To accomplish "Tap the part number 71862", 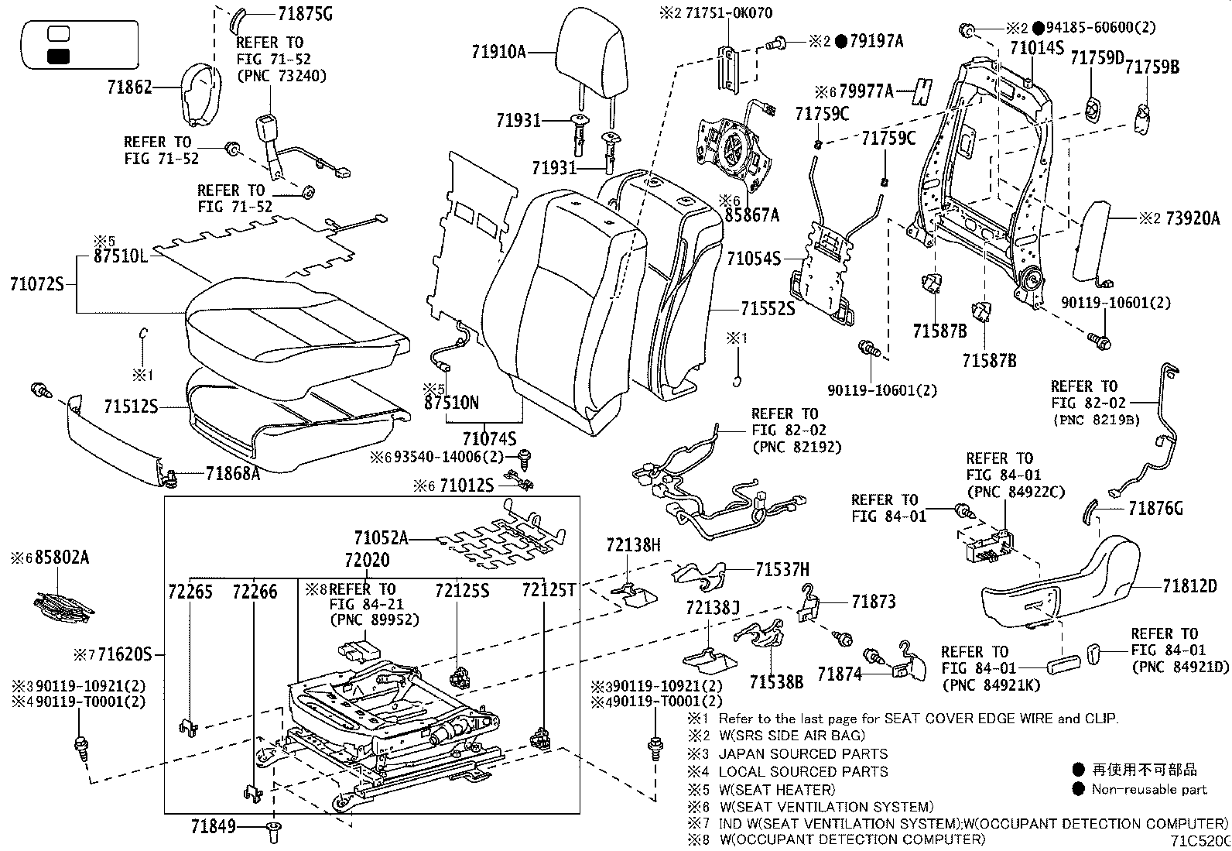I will coord(130,88).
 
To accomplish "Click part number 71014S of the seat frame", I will coord(1037,48).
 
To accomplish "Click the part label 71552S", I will coord(767,309).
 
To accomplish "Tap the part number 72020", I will coord(368,560).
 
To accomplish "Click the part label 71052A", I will coord(381,537).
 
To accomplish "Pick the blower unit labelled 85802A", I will coord(62,606).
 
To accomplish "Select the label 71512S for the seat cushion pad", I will coord(131,406).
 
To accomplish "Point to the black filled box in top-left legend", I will coord(58,56).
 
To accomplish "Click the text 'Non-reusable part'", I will coord(1148,790).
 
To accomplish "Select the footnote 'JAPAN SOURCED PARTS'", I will coord(803,753).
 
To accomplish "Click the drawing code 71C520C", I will coord(1199,841).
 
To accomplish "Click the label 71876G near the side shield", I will coord(1155,509).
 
